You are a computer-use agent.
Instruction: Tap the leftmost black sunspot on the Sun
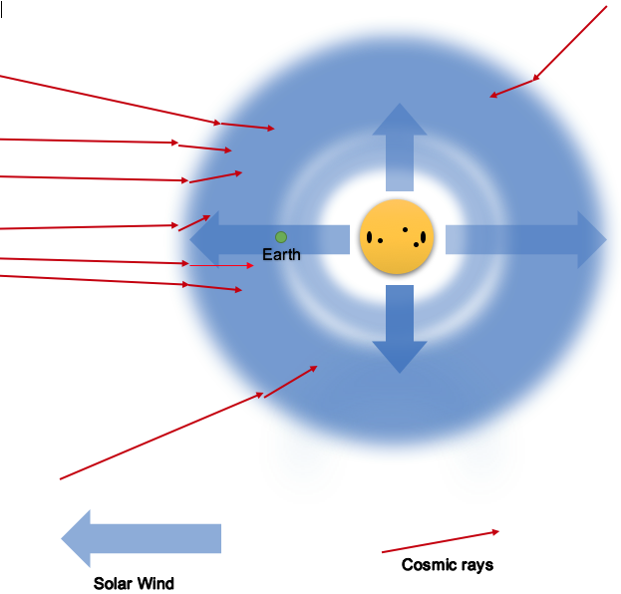[370, 237]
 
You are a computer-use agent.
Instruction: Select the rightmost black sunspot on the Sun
[424, 237]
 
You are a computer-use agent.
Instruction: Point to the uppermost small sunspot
[405, 229]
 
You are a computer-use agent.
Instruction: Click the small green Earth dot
[281, 237]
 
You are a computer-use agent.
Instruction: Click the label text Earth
[281, 255]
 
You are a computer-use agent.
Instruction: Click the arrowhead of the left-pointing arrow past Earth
[204, 239]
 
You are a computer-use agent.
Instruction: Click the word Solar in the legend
[114, 583]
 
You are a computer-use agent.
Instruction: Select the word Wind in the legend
[155, 583]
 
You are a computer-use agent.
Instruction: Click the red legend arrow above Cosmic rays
[440, 541]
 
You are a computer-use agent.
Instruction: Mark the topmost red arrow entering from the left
[110, 100]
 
